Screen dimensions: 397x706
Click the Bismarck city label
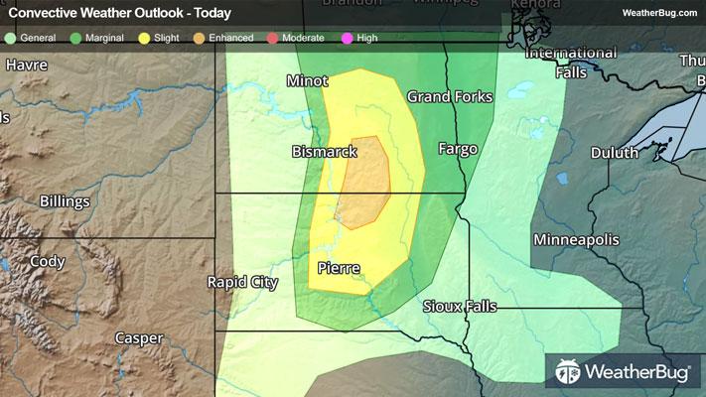tap(324, 152)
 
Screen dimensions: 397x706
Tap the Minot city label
tap(307, 80)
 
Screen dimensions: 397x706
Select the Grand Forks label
tap(448, 97)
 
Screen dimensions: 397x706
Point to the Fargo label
tap(458, 149)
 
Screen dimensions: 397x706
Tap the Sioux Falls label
tap(459, 306)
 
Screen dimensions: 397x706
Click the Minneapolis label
tap(576, 240)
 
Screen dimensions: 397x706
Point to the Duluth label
tap(615, 153)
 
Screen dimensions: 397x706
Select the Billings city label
tap(65, 201)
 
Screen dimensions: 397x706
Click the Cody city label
tap(47, 261)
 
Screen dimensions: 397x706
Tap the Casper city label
tap(138, 337)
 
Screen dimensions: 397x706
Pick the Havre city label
tap(28, 66)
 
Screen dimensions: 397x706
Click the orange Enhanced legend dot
tap(200, 38)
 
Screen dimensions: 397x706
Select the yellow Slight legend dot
tap(144, 38)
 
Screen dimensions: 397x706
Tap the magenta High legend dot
tap(347, 38)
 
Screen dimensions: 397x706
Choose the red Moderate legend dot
tap(272, 38)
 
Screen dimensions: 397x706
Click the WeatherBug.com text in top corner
tap(659, 12)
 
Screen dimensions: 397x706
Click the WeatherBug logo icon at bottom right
tap(569, 372)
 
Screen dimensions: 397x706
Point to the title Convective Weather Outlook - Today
tap(119, 13)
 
